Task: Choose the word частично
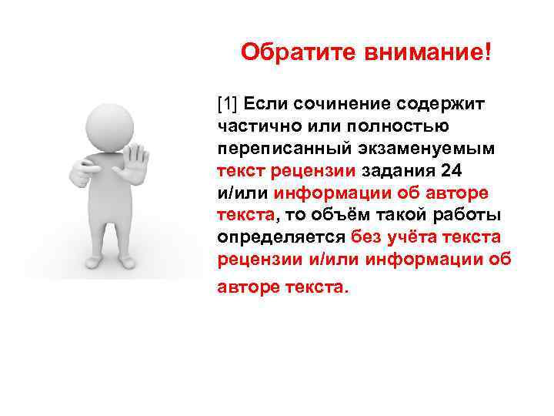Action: pyautogui.click(x=254, y=125)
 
